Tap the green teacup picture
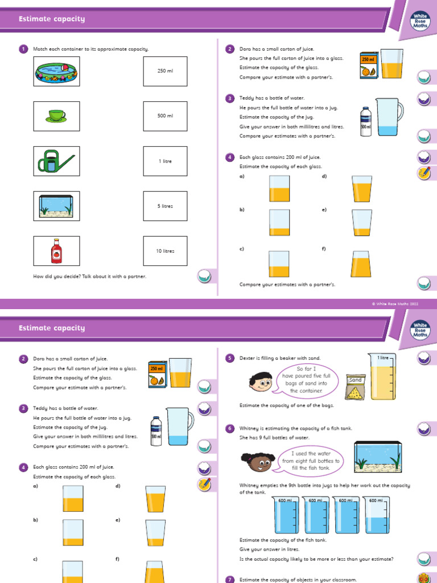56,116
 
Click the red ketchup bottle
56,251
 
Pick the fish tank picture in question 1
56,206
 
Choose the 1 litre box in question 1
165,161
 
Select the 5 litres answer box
165,206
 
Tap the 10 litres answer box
165,251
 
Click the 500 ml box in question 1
165,116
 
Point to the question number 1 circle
23,50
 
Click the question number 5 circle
230,358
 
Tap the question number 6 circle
230,428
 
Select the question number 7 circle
230,580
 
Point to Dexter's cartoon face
261,380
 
